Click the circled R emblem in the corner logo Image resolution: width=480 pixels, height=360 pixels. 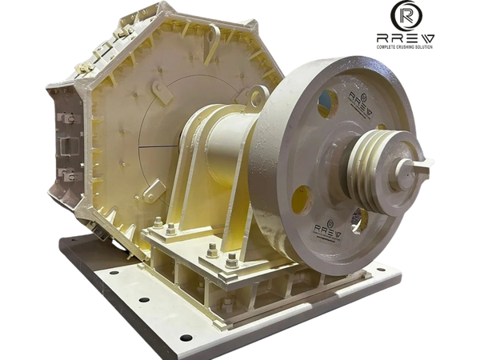tap(406, 15)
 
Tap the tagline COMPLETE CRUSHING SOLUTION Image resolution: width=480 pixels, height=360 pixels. tap(405, 47)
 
